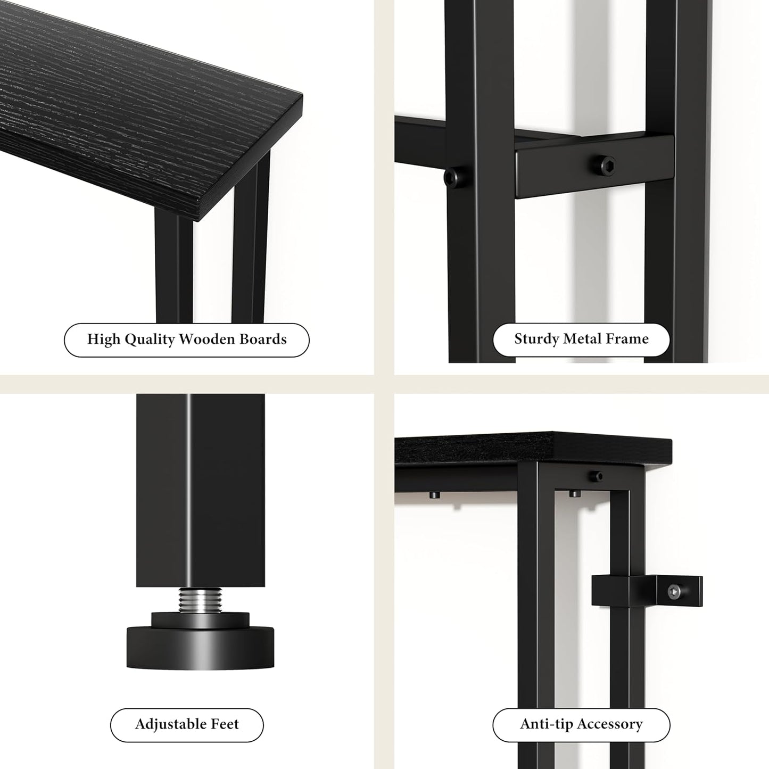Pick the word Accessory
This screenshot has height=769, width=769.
click(610, 724)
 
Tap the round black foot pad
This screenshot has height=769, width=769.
click(200, 647)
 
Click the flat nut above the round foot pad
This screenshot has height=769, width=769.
click(200, 619)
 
